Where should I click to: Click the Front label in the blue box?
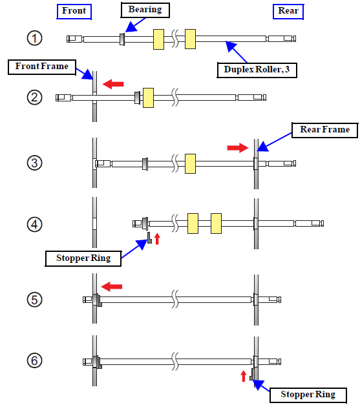(74, 12)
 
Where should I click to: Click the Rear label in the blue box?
(288, 12)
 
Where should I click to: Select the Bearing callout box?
(145, 10)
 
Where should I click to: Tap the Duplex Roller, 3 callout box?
(257, 70)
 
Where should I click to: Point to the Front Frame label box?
(42, 67)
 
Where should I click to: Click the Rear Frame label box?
(325, 130)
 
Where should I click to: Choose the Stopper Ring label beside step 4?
(83, 258)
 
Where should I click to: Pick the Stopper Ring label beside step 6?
(308, 395)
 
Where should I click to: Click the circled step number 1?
(34, 38)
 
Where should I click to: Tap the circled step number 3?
(34, 163)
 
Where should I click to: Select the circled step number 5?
(34, 300)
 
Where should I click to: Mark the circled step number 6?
(34, 360)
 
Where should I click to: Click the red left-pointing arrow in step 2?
(113, 84)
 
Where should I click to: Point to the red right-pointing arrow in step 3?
(238, 148)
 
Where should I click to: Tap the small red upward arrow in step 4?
(157, 238)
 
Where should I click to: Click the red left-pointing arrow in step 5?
(112, 287)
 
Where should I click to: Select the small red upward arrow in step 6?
(243, 376)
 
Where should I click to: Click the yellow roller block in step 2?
(149, 98)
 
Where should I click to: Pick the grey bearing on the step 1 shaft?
(122, 39)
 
